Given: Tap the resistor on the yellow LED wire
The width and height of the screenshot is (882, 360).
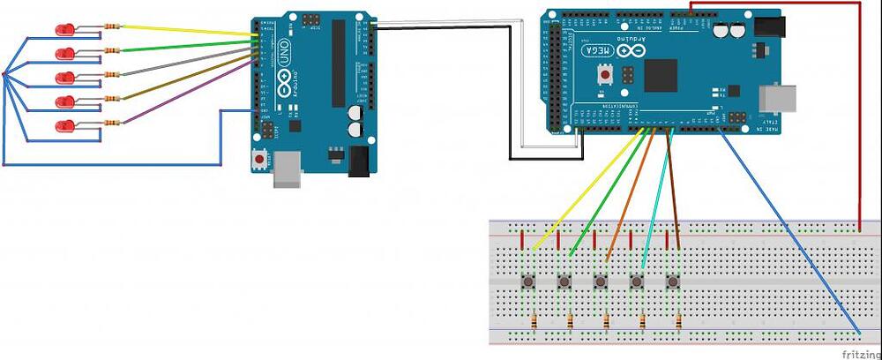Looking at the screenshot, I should pyautogui.click(x=111, y=26).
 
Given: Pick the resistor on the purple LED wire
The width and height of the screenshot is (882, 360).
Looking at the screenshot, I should pyautogui.click(x=111, y=122).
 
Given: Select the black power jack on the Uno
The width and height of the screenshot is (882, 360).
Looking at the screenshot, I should pyautogui.click(x=359, y=161).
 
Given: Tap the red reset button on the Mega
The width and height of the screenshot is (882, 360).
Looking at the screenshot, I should pyautogui.click(x=606, y=77).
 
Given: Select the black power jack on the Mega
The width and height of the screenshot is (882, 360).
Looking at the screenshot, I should pyautogui.click(x=769, y=27).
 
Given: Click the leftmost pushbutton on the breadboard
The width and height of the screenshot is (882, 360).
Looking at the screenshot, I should pyautogui.click(x=528, y=282).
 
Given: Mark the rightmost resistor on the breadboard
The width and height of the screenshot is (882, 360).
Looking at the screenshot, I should pyautogui.click(x=678, y=319).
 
